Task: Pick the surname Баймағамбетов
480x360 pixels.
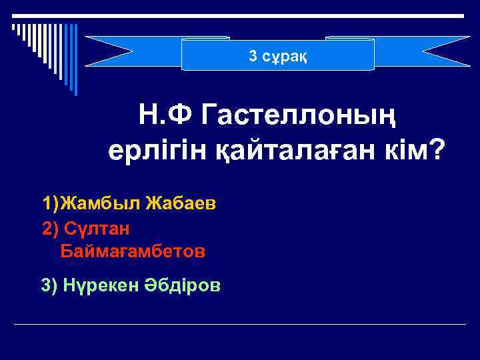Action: (133, 252)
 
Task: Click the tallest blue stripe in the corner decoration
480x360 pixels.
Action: (75, 60)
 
